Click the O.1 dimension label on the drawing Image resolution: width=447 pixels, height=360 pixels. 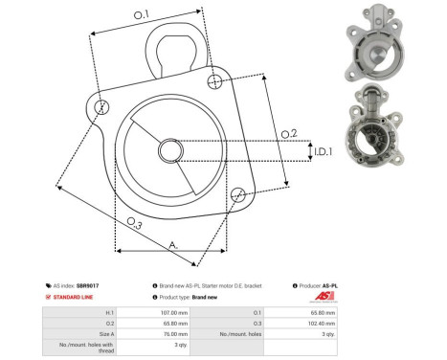[141, 15]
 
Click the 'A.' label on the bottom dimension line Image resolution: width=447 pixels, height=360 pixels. [173, 246]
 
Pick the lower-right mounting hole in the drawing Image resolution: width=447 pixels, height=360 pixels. [235, 196]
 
